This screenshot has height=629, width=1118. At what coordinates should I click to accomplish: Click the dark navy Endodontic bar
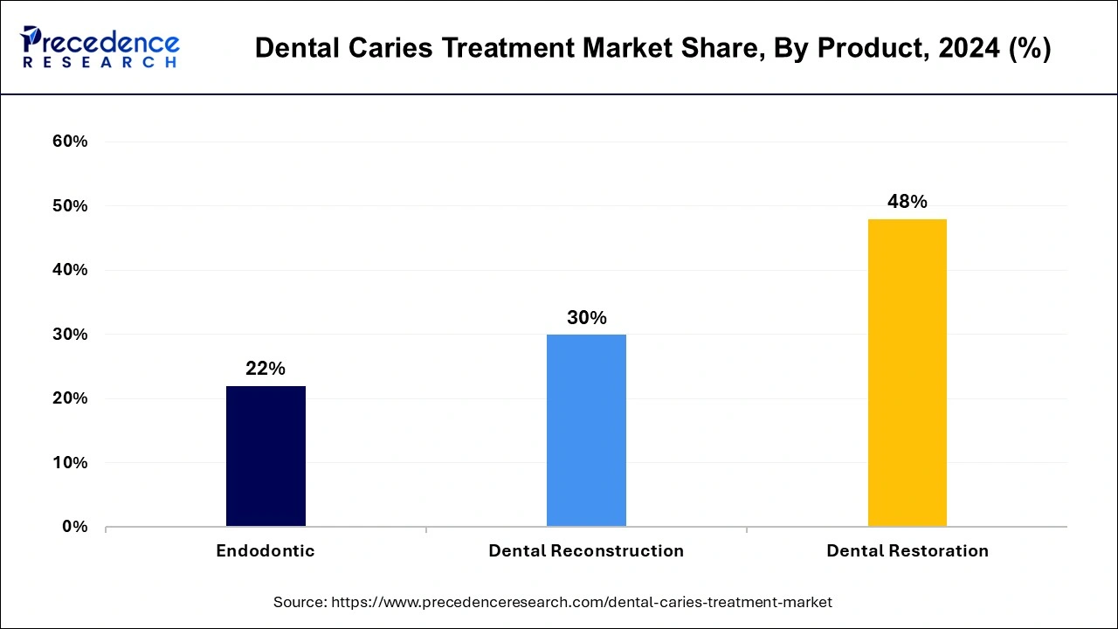click(266, 456)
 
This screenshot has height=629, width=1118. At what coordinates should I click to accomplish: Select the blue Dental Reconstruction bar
click(586, 430)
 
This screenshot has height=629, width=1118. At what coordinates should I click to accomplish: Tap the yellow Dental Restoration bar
click(907, 372)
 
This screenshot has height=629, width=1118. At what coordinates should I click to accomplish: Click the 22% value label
click(266, 369)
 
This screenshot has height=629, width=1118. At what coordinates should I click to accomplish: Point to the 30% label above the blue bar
click(586, 318)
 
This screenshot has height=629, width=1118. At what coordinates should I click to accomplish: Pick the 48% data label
click(907, 202)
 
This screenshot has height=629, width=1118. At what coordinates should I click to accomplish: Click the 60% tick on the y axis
click(71, 142)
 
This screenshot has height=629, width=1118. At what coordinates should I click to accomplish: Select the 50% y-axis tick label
click(71, 206)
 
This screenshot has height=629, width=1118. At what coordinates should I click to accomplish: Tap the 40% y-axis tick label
click(71, 270)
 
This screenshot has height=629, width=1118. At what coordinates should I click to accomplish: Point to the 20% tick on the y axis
click(71, 398)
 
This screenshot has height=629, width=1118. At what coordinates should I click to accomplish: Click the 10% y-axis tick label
click(71, 463)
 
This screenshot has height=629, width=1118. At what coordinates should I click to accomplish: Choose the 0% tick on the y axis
click(75, 527)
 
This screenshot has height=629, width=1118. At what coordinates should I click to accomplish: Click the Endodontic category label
click(266, 551)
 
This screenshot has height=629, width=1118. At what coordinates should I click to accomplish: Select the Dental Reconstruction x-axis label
click(586, 551)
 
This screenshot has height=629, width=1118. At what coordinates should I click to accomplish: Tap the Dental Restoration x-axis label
click(907, 551)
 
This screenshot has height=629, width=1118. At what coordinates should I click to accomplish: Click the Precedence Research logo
click(100, 47)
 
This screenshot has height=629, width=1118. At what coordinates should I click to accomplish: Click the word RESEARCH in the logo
click(100, 63)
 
